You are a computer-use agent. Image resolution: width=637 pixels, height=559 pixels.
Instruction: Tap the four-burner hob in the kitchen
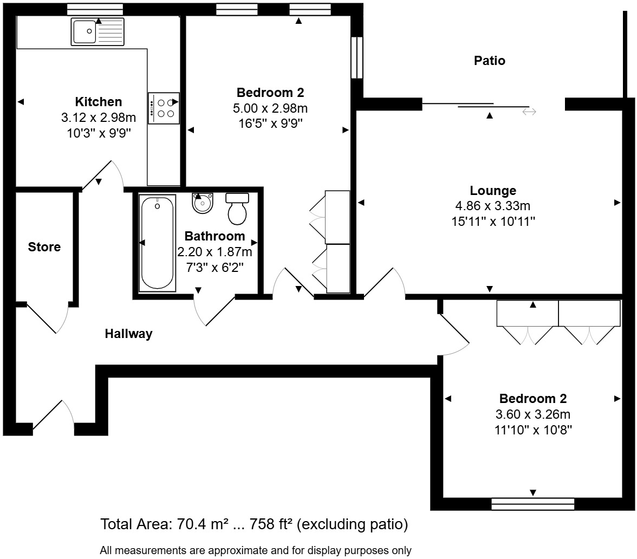point(164,108)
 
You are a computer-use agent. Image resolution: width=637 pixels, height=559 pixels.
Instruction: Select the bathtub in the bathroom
point(158,243)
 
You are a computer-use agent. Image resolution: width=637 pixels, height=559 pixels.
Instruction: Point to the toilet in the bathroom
point(237,209)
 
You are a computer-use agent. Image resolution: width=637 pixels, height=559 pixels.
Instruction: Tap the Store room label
point(44,247)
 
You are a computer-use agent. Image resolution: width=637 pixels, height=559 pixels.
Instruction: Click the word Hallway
point(128,334)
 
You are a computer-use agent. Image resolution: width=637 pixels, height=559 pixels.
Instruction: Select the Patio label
point(489,61)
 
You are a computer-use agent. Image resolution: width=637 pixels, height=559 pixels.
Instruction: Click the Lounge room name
point(493,191)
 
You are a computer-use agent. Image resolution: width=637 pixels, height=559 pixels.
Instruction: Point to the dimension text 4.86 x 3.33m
point(493,206)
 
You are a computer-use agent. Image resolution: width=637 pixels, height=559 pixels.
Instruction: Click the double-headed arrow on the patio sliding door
point(529,112)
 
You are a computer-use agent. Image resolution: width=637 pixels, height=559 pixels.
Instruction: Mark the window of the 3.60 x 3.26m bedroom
point(532,504)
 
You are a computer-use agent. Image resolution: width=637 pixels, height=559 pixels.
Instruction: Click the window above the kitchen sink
point(95,9)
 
